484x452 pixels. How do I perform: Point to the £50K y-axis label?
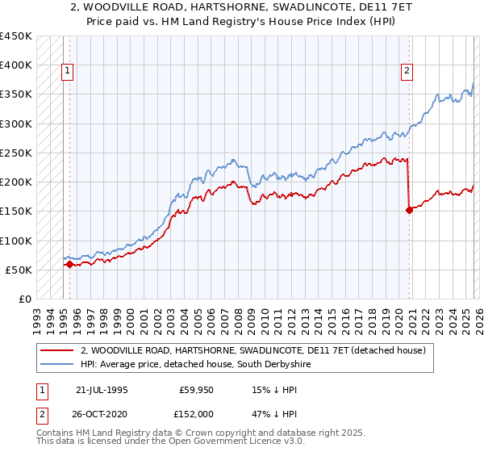(x=19, y=270)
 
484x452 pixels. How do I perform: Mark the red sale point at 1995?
(x=69, y=264)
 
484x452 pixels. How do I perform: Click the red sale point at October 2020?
(x=409, y=210)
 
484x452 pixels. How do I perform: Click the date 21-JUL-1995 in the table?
(x=104, y=390)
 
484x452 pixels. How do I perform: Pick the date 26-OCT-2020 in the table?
(x=105, y=414)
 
